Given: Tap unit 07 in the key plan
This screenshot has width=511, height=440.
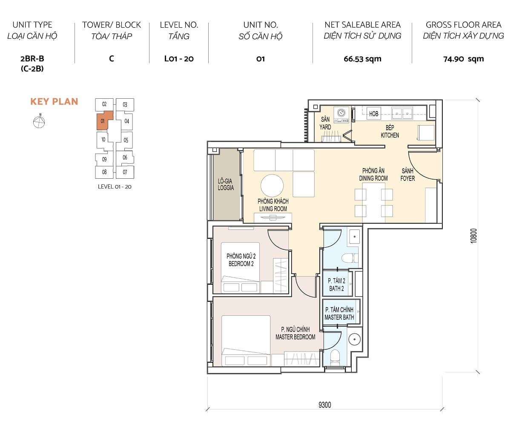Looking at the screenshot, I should click(125, 172).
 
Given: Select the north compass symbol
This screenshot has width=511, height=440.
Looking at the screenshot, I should click(39, 122).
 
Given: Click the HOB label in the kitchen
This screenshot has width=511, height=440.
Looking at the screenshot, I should click(373, 114).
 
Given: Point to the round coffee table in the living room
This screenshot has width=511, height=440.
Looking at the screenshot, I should click(272, 186).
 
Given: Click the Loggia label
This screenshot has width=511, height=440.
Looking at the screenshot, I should click(226, 184).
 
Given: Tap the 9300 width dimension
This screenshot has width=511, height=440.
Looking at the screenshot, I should click(324, 405).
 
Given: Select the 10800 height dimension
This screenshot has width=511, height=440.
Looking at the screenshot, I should click(474, 236).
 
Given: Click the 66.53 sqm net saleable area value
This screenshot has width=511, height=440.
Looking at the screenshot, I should click(362, 59).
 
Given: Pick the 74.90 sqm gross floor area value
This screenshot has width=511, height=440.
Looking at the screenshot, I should click(463, 59).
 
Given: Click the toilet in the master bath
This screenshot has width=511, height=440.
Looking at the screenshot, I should click(335, 356).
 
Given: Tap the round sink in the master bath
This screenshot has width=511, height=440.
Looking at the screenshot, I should click(354, 339).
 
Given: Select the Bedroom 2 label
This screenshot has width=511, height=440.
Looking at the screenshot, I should click(241, 260).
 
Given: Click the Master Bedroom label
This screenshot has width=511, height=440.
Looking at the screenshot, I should click(295, 333).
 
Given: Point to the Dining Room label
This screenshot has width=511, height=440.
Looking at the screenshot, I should click(373, 175).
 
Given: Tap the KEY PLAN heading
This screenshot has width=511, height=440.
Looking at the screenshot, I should click(54, 101).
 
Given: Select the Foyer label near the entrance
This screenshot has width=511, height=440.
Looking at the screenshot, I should click(408, 175).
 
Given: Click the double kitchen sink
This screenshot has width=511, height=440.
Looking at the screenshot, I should click(402, 112).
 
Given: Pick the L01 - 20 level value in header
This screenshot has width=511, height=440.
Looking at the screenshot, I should click(179, 59).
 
